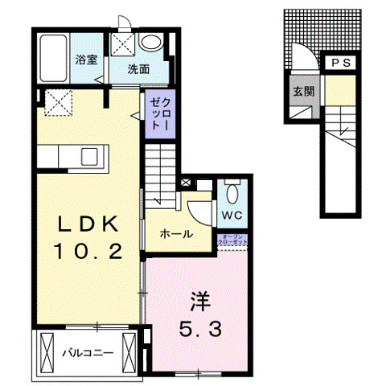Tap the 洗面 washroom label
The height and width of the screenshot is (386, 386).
pyautogui.click(x=138, y=69)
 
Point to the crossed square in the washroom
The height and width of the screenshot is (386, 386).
pyautogui.click(x=122, y=43)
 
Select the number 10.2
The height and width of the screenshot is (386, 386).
pyautogui.click(x=88, y=252)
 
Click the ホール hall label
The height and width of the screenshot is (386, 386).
pyautogui.click(x=175, y=235)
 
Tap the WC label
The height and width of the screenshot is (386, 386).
pyautogui.click(x=231, y=216)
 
